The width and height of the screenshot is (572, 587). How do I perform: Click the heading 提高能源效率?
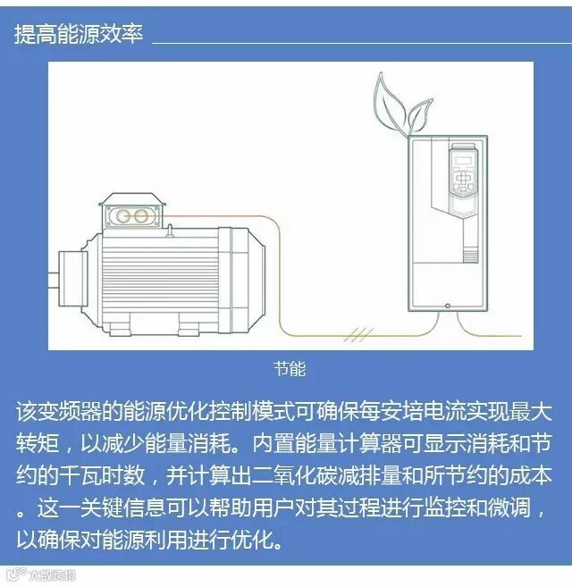click(80, 33)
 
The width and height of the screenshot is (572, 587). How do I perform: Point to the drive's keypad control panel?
click(462, 185)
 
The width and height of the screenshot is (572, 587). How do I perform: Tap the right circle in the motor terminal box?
click(143, 216)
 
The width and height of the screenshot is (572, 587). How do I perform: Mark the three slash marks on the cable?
click(360, 335)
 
